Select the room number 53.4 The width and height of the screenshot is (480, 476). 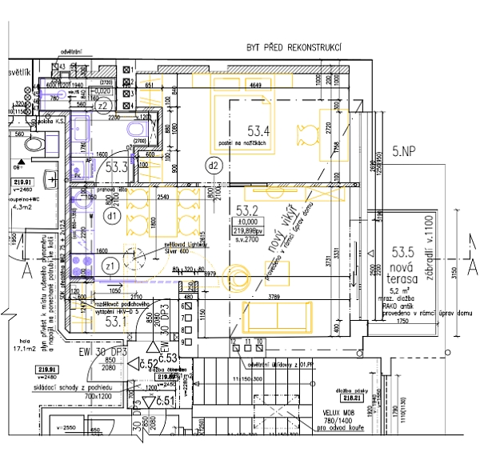point(258,130)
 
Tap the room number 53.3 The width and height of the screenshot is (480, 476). point(117,167)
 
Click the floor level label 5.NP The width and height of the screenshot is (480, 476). point(406,150)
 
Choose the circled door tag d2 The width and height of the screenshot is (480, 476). point(213,166)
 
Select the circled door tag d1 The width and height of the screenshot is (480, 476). point(112,215)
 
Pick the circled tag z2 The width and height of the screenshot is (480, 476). point(102,106)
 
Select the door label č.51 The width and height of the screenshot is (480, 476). point(166,401)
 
